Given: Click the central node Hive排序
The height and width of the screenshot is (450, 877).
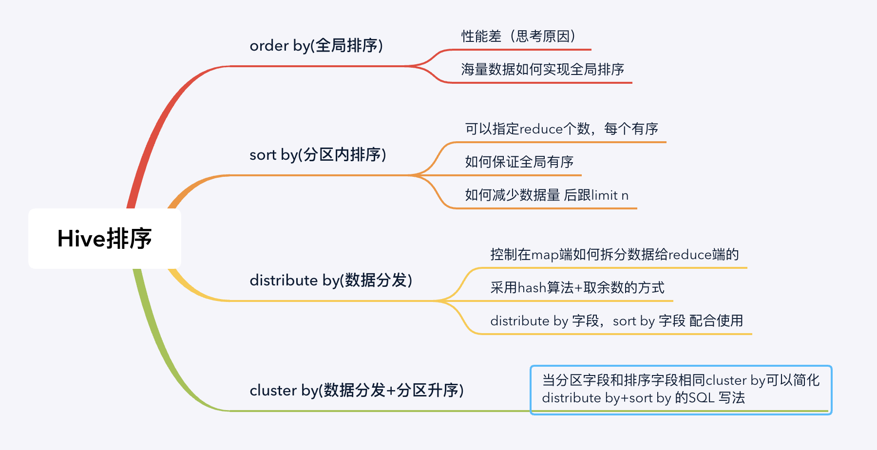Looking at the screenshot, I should click(104, 239).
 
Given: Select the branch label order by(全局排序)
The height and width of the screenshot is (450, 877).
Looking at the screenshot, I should click(316, 45).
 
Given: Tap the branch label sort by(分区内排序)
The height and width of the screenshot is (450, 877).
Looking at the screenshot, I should click(318, 154).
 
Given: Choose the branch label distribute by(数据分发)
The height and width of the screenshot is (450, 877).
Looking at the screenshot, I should click(331, 280).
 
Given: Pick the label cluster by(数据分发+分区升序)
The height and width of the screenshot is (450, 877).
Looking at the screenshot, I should click(356, 390).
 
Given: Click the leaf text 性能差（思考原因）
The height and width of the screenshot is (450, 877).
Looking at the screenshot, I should click(518, 36).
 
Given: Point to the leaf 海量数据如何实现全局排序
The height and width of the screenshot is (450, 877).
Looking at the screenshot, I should click(542, 69).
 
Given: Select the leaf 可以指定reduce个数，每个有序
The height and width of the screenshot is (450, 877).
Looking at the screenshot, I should click(561, 129).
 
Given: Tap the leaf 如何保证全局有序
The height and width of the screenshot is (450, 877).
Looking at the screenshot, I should click(519, 162).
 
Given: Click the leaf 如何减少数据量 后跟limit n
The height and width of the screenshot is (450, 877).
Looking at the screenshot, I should click(546, 195).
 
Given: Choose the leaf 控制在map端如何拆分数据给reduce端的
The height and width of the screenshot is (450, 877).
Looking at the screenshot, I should click(614, 254).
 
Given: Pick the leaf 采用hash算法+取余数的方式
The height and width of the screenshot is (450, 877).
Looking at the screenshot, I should click(577, 287).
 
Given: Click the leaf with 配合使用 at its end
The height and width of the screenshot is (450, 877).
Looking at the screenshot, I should click(616, 320).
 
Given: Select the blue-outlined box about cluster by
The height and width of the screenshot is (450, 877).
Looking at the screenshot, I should click(681, 390).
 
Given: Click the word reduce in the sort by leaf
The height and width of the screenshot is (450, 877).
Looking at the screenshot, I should click(541, 129).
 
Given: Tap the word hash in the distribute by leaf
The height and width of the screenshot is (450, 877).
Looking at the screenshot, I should click(532, 288).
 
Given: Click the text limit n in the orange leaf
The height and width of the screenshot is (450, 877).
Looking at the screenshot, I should click(610, 195).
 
